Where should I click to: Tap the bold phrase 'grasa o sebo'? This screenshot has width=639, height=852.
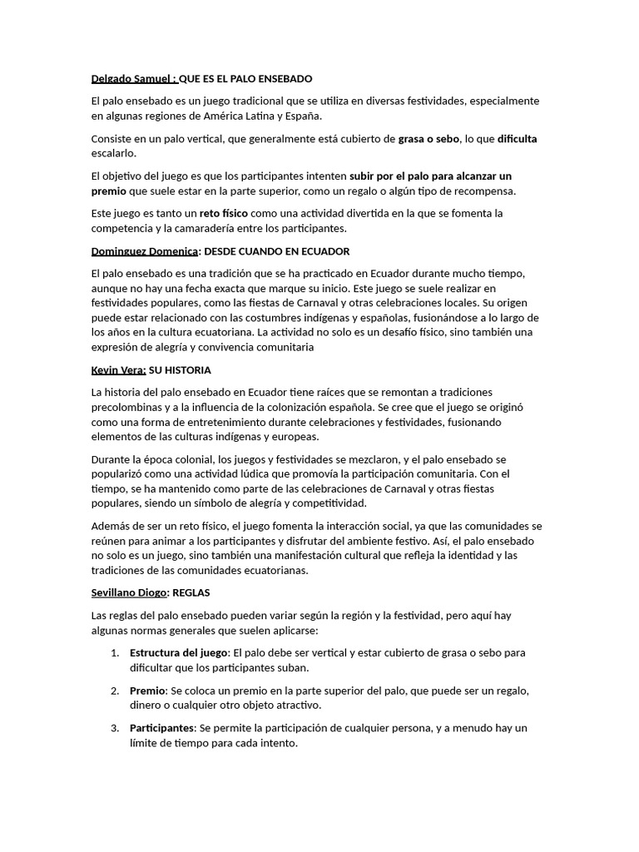(x=428, y=139)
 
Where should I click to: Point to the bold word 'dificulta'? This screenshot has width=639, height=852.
(x=518, y=139)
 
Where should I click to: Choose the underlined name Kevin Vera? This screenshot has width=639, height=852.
(x=118, y=369)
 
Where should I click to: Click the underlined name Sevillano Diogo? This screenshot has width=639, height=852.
(x=129, y=592)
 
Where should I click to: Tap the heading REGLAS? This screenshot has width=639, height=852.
(x=191, y=592)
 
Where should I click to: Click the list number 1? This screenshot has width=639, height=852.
(x=115, y=652)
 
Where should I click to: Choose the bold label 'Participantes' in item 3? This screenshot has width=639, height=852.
(x=161, y=728)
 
